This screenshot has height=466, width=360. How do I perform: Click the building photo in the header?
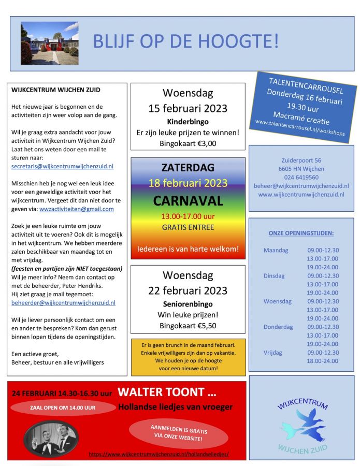pyautogui.click(x=49, y=43)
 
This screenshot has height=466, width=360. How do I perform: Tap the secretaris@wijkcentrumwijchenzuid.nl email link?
pyautogui.click(x=62, y=166)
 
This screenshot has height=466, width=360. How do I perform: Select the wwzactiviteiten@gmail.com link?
pyautogui.click(x=77, y=209)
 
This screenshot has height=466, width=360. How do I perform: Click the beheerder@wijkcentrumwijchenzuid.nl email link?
pyautogui.click(x=63, y=303)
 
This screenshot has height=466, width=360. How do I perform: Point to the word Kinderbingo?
pyautogui.click(x=188, y=122)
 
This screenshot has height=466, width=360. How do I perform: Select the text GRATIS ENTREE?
pyautogui.click(x=188, y=227)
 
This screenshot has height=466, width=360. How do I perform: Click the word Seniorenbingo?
pyautogui.click(x=188, y=304)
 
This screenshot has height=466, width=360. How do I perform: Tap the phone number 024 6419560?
pyautogui.click(x=301, y=177)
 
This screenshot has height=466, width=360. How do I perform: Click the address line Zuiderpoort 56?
pyautogui.click(x=301, y=161)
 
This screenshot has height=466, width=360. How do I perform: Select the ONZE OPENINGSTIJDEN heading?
pyautogui.click(x=301, y=234)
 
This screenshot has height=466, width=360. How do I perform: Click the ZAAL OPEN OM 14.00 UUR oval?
pyautogui.click(x=63, y=407)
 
